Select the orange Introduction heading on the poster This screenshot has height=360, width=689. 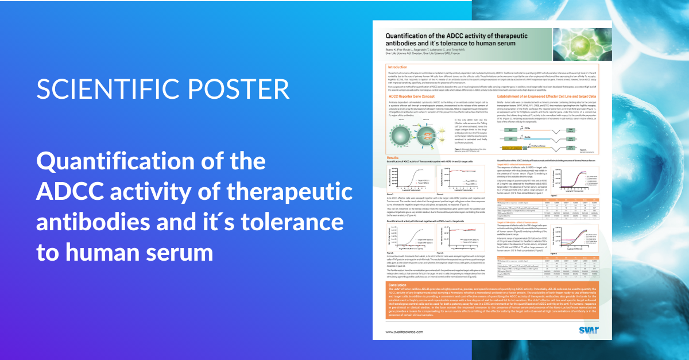398,67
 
